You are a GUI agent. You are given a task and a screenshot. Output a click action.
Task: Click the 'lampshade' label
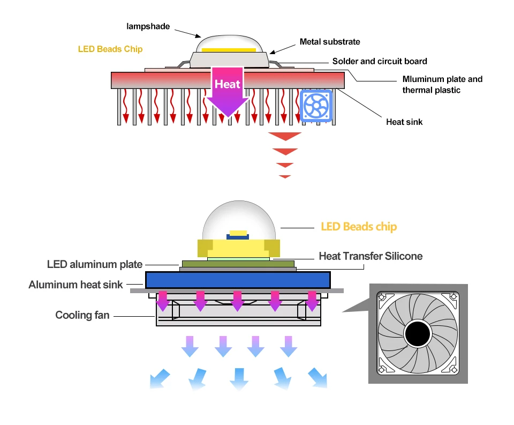pos(148,25)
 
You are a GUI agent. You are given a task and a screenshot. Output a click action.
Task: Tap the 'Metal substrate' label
pos(330,41)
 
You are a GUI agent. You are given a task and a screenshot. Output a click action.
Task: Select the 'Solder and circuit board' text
pos(380,61)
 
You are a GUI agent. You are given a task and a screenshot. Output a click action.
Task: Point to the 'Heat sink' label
pos(404,122)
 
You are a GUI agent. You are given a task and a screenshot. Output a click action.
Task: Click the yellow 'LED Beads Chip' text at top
pos(110,49)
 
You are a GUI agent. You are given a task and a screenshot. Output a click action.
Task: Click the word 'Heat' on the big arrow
pos(228,84)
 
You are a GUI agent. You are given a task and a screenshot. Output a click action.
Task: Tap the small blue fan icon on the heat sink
pos(317,105)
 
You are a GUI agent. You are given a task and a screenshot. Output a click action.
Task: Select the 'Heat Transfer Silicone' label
pos(371,256)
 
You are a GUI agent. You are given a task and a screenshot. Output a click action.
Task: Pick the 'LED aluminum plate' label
pos(95,264)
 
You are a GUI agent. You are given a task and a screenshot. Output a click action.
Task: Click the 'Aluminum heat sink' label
pos(75,285)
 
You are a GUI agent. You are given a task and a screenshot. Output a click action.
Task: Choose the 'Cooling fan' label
pos(82,315)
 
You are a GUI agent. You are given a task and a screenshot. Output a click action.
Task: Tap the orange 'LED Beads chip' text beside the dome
pos(359,227)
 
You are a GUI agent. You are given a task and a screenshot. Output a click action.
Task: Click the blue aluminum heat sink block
pos(237,279)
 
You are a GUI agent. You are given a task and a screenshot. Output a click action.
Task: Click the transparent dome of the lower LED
pos(238,217)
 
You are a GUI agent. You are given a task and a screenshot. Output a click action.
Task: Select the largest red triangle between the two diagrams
pos(283,136)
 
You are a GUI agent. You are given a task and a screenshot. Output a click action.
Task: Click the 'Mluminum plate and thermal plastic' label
pos(442,85)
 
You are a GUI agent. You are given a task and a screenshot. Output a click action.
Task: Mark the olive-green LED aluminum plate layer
pos(238,263)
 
